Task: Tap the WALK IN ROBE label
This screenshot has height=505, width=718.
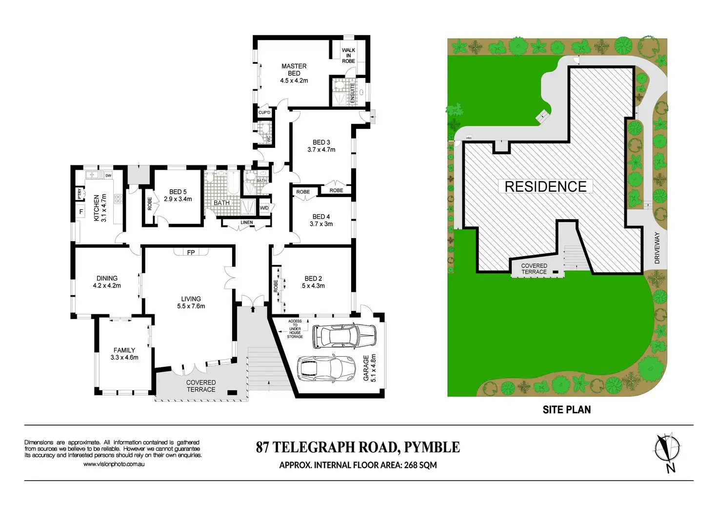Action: pyautogui.click(x=348, y=56)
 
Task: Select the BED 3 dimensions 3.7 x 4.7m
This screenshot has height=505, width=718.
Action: pyautogui.click(x=321, y=150)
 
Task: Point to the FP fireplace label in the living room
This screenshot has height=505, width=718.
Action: pyautogui.click(x=191, y=252)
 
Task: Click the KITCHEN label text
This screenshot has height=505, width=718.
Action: pyautogui.click(x=97, y=208)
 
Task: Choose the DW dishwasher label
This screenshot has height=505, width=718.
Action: pyautogui.click(x=108, y=176)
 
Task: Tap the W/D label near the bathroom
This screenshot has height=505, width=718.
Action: pyautogui.click(x=264, y=208)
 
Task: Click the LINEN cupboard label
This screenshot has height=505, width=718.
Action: pyautogui.click(x=247, y=222)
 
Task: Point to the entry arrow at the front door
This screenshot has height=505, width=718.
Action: pyautogui.click(x=253, y=308)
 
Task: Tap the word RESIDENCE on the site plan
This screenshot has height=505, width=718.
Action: pyautogui.click(x=545, y=186)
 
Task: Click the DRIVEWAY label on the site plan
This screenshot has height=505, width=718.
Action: pyautogui.click(x=657, y=248)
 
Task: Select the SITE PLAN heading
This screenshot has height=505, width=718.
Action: pyautogui.click(x=566, y=410)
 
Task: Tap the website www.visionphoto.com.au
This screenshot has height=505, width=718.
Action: pyautogui.click(x=114, y=464)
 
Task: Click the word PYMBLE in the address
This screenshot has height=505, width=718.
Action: pyautogui.click(x=432, y=447)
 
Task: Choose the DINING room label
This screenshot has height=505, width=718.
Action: pyautogui.click(x=107, y=278)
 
